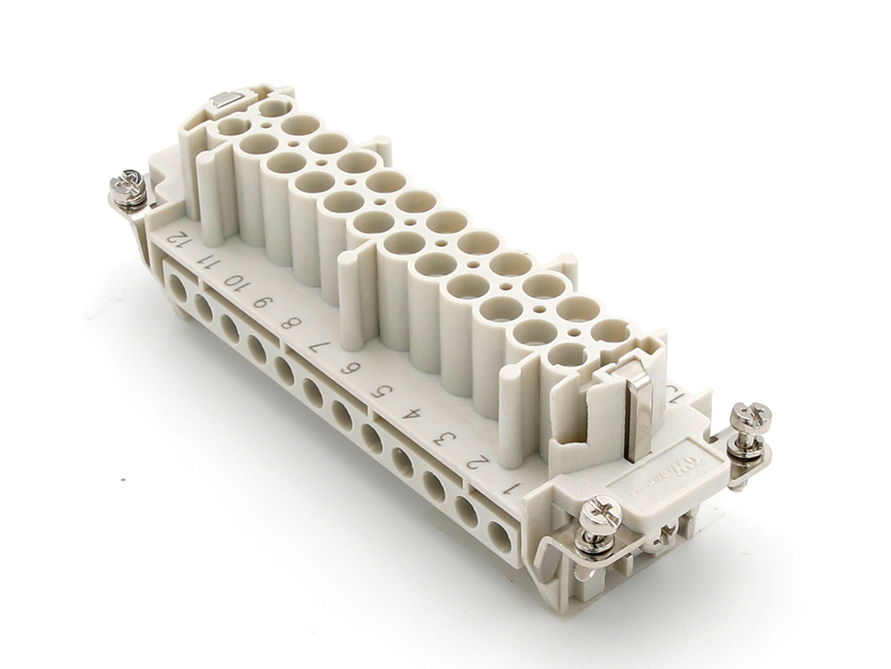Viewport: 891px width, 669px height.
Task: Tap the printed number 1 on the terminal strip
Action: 509,488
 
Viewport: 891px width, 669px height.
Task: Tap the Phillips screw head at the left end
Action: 128,186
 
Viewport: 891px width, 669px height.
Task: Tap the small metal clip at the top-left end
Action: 225,104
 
